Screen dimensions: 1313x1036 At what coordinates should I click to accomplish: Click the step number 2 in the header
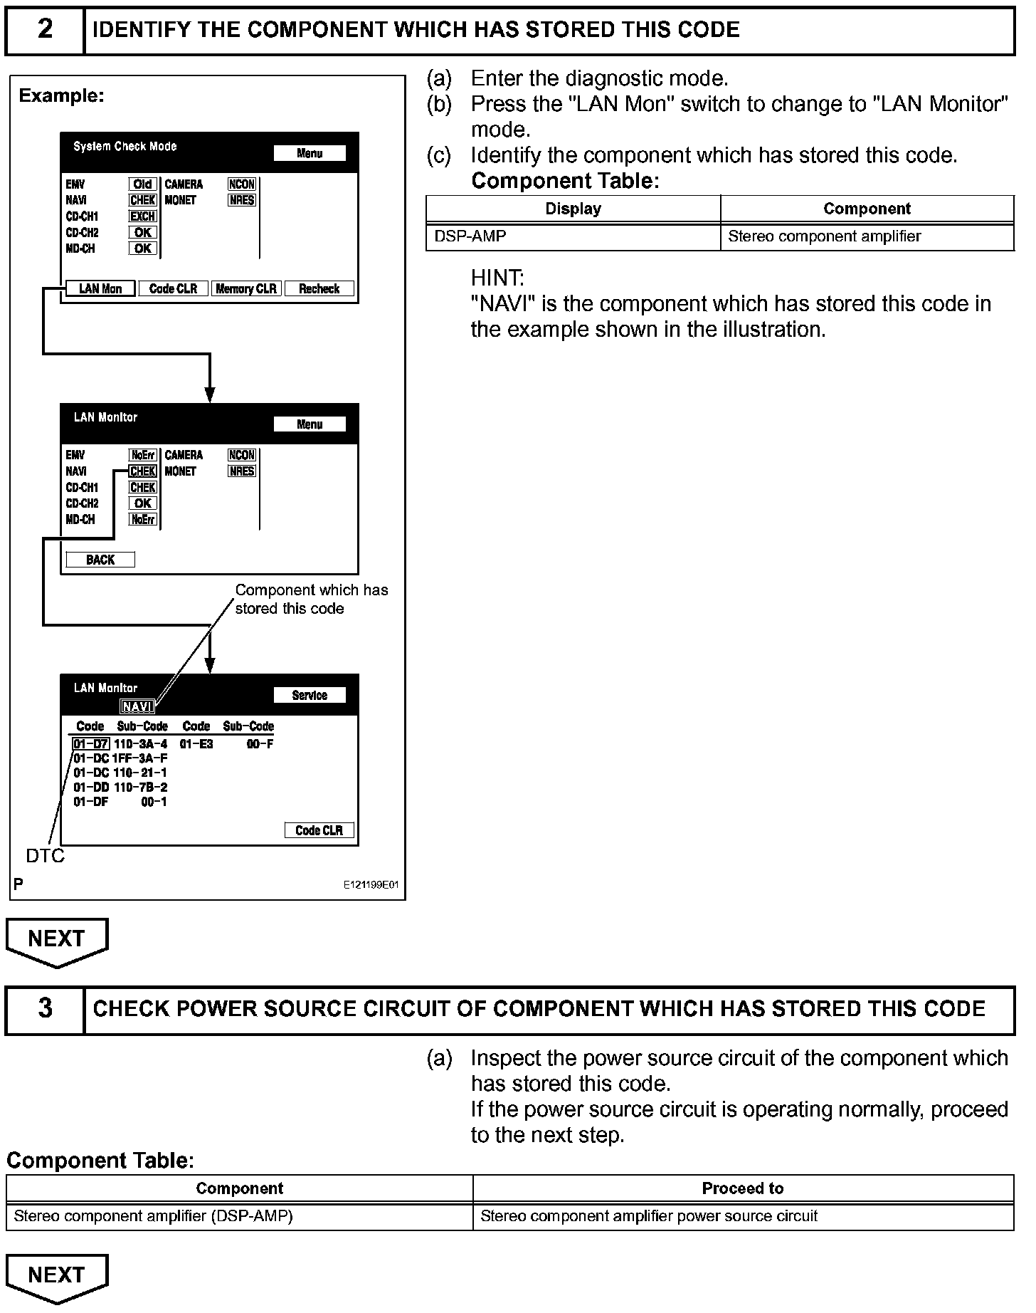coord(44,29)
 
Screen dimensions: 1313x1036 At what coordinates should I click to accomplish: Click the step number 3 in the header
coord(44,1008)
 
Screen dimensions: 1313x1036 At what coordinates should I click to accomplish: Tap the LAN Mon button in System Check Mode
coord(100,288)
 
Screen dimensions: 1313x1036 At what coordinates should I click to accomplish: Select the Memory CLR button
coord(246,288)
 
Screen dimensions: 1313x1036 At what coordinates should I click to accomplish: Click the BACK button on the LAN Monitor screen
coord(100,560)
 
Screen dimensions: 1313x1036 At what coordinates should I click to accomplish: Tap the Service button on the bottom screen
coord(310,695)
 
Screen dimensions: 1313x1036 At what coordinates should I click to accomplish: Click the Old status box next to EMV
coord(142,184)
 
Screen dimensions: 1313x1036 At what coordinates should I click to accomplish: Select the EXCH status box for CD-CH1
coord(142,216)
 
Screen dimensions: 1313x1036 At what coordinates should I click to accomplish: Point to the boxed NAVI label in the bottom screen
coord(137,706)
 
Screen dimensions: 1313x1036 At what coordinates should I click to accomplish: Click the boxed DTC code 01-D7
coord(90,744)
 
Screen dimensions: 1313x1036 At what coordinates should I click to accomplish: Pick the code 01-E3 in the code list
coord(196,744)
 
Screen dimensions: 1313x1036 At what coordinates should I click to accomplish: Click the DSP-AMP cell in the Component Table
coord(470,236)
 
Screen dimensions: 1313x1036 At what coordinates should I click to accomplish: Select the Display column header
coord(573,209)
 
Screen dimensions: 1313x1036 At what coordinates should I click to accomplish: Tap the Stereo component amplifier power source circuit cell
coord(648,1216)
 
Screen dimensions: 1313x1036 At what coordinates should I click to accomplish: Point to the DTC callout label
coord(46,856)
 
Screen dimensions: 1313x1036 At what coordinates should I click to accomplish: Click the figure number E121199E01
coord(371,885)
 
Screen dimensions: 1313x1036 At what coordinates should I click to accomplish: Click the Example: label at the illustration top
coord(61,95)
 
